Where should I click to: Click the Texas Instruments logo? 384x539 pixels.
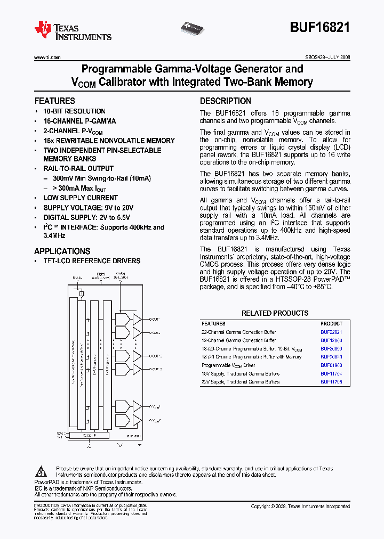(73, 30)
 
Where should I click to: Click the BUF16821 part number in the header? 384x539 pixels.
(320, 28)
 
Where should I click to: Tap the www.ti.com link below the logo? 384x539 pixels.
(47, 58)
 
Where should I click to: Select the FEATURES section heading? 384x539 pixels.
(54, 101)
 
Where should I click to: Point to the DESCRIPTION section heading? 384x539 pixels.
(225, 101)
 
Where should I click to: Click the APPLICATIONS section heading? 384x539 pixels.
(62, 251)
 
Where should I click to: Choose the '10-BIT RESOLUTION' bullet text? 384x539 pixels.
(74, 111)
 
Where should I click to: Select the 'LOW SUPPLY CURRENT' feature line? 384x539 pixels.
(81, 198)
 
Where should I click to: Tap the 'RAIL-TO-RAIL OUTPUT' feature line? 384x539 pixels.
(78, 169)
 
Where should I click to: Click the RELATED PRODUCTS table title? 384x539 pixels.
(275, 313)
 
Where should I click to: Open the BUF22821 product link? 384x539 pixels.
(331, 332)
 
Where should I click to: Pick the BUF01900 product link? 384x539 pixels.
(331, 365)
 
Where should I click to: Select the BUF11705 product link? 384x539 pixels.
(331, 382)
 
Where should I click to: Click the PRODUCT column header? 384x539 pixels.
(331, 324)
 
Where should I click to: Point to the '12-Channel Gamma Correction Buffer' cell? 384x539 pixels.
(238, 340)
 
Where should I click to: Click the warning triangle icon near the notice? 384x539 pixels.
(42, 471)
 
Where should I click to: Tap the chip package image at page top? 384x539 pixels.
(194, 26)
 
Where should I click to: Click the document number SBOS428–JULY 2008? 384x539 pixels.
(324, 58)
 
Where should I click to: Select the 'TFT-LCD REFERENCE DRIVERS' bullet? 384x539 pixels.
(92, 261)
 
